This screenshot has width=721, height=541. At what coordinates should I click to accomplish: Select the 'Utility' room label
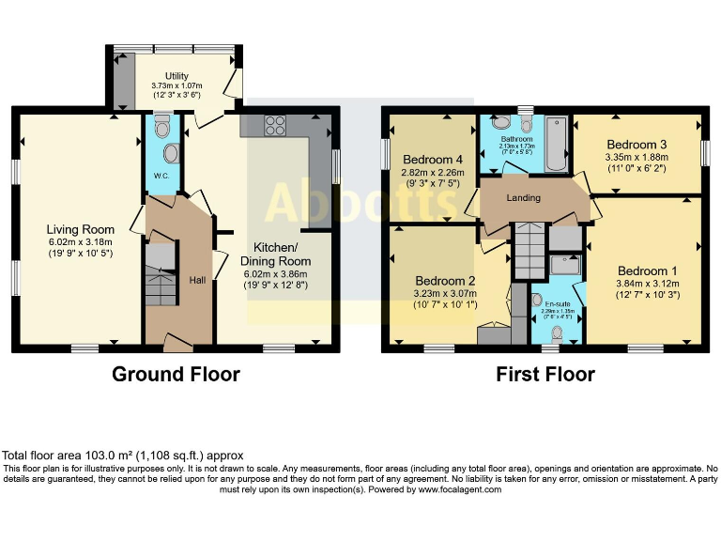click(176, 75)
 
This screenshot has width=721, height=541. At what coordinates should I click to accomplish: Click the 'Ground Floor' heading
click(176, 375)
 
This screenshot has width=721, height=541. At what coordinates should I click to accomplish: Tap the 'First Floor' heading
click(545, 375)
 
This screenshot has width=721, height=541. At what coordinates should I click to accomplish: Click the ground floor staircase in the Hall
click(161, 274)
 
